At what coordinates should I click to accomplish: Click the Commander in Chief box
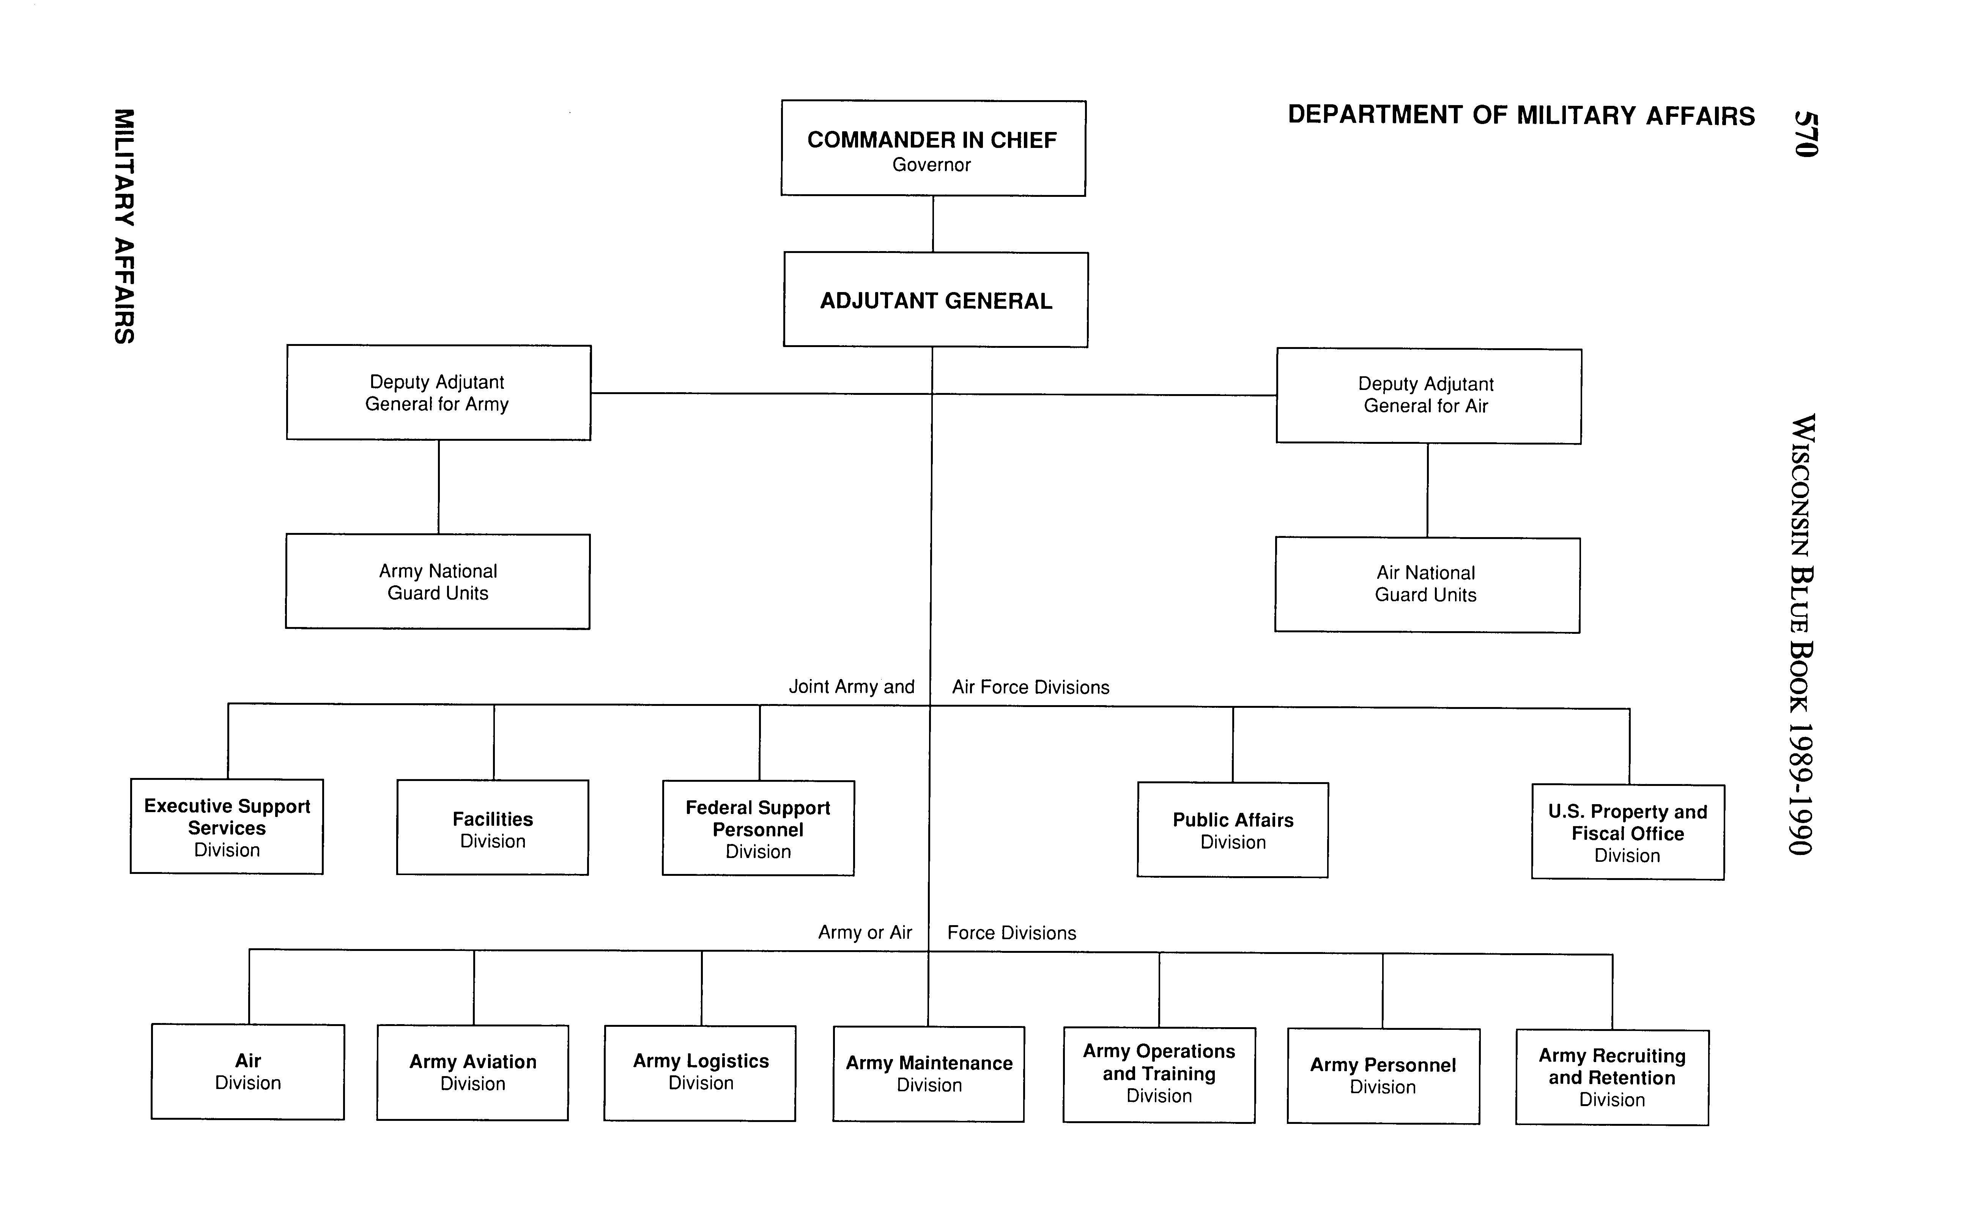coord(932,148)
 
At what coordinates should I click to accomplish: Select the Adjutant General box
coord(935,300)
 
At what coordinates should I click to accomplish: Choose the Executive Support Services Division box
coord(227,827)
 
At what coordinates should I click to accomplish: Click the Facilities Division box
coord(492,828)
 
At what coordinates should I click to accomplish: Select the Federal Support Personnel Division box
coord(758,829)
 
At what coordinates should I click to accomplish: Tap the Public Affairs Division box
coord(1233,830)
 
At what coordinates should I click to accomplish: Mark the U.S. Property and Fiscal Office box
coord(1627,832)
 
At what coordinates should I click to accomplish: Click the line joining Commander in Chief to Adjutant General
coord(932,224)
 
